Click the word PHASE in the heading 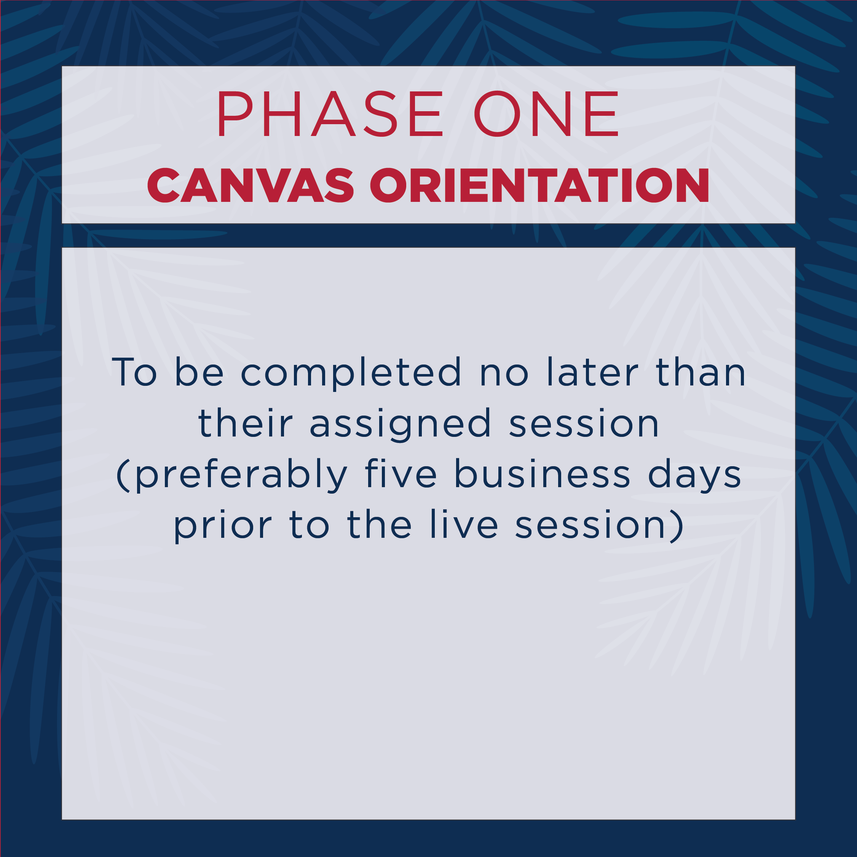pyautogui.click(x=330, y=114)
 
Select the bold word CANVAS pyautogui.click(x=251, y=185)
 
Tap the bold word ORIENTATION pyautogui.click(x=539, y=185)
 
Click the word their pyautogui.click(x=245, y=422)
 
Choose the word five pyautogui.click(x=401, y=473)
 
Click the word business pyautogui.click(x=542, y=473)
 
